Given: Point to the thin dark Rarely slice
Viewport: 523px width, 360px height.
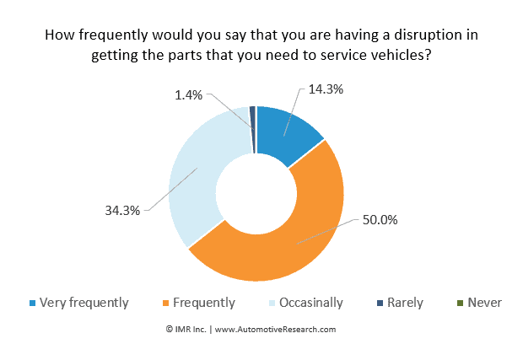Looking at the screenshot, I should [x=252, y=118].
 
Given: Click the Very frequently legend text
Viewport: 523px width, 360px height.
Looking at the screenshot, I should [x=84, y=302].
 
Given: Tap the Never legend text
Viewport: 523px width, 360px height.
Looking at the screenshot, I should [x=483, y=302].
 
